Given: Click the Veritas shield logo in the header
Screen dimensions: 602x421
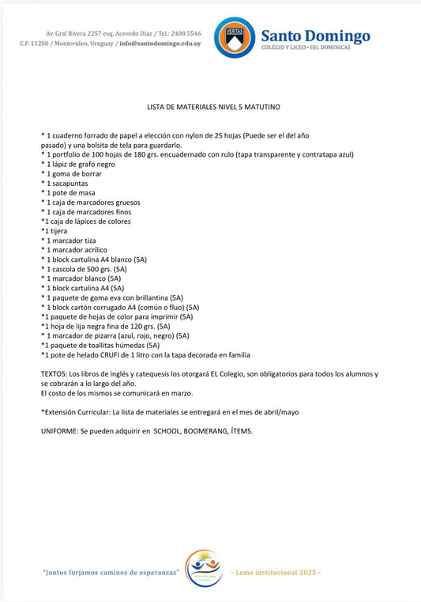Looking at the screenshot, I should coord(235,38).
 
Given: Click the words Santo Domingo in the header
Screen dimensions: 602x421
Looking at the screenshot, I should coord(315,36).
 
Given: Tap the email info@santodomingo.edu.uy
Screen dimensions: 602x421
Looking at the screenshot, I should coord(159,43).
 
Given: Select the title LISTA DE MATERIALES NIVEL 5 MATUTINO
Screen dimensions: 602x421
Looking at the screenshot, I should coord(213,105).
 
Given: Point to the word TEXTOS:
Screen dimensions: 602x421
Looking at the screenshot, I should coord(55,373).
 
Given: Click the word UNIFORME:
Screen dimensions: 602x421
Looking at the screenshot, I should coord(59,430).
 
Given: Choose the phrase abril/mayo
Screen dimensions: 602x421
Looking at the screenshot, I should coord(278,411).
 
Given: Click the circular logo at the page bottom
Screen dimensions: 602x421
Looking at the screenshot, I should coord(203,568).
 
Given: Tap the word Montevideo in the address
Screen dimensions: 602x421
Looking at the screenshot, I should coord(75,43).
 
